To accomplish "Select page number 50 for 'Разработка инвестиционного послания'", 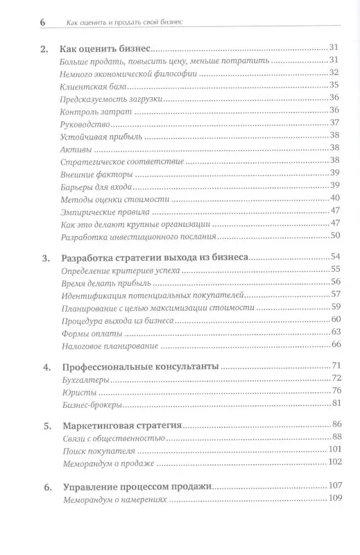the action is click(x=334, y=235).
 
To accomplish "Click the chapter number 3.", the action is click(x=46, y=259).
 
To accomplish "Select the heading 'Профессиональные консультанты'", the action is click(x=142, y=366).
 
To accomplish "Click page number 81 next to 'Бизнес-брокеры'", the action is click(x=334, y=403).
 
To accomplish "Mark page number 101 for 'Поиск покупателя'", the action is click(x=332, y=449).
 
